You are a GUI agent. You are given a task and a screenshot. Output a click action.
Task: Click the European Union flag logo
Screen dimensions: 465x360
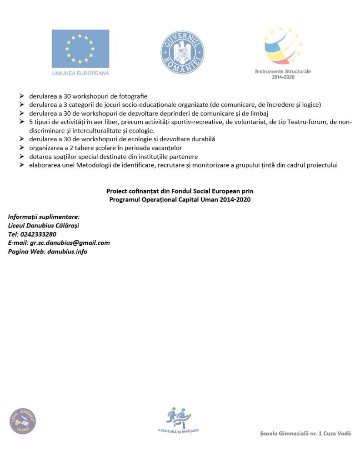80,49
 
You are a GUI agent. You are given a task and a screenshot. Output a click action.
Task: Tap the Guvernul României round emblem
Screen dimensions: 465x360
182,53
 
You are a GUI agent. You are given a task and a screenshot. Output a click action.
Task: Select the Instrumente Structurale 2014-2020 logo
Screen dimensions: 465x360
283,52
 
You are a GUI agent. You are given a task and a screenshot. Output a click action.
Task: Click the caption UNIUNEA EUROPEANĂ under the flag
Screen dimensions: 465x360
80,73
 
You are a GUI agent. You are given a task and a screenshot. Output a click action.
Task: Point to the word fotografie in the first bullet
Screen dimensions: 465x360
132,96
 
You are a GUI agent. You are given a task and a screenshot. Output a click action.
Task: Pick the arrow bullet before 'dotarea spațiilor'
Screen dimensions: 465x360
21,156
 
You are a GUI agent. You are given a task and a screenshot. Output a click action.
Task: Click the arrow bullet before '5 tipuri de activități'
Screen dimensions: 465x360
21,122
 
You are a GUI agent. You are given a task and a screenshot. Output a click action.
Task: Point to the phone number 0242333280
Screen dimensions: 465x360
39,234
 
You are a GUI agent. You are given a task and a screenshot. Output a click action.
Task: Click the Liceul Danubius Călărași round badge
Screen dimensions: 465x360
23,421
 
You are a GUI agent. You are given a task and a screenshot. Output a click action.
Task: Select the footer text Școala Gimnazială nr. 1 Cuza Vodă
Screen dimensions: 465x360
305,434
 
